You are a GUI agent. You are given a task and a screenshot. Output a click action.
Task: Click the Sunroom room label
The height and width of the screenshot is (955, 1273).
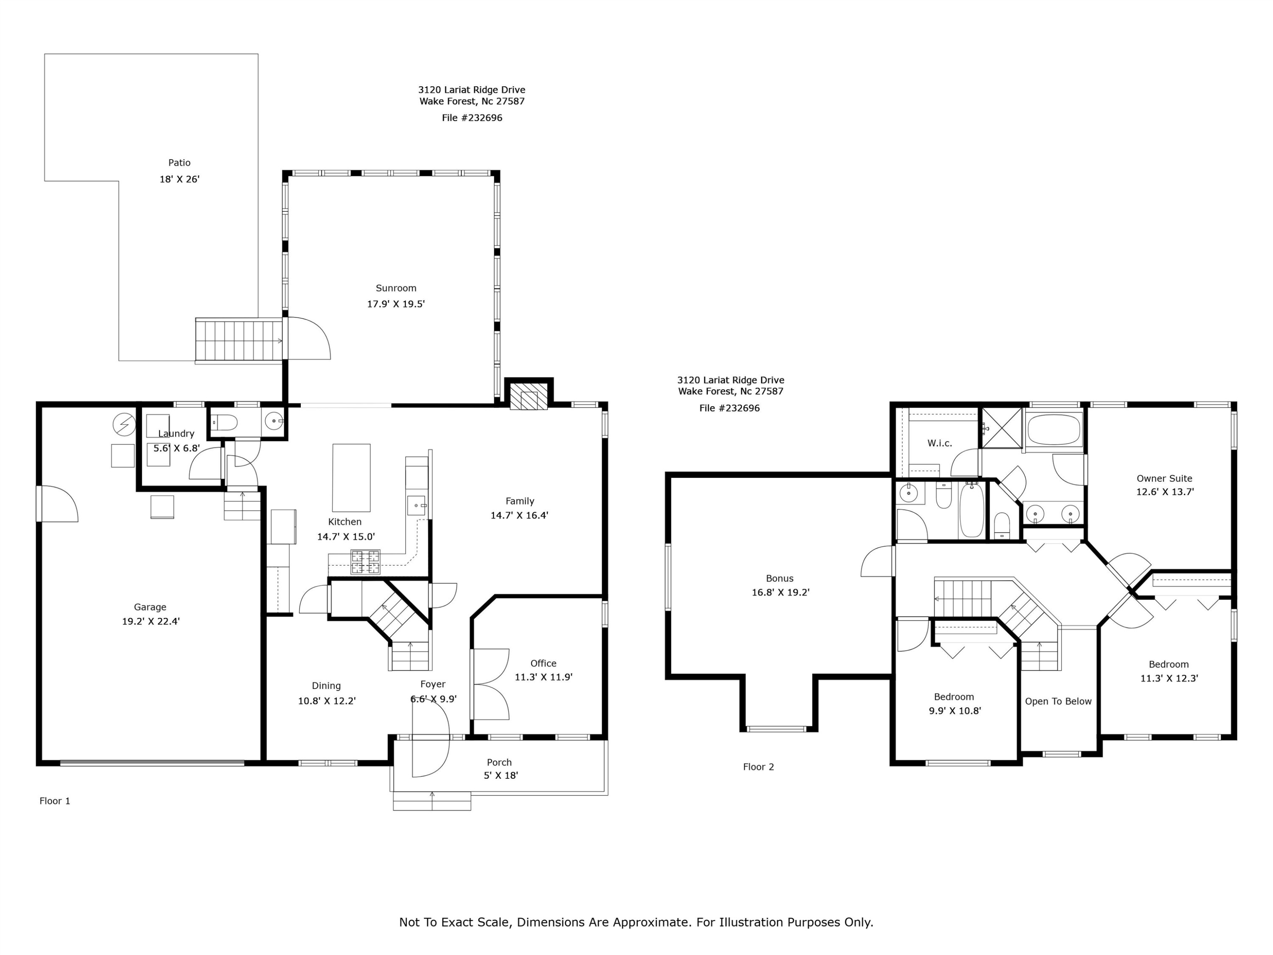pos(396,288)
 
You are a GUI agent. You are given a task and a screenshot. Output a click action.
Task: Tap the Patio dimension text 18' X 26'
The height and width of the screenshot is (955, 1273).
pos(179,179)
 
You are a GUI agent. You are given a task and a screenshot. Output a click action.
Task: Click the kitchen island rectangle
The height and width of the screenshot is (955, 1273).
pos(351,478)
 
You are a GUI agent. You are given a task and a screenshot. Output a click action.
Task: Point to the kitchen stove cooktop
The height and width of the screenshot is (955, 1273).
pos(365,562)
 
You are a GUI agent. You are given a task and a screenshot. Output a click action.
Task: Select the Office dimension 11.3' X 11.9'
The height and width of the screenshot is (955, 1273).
pos(543,677)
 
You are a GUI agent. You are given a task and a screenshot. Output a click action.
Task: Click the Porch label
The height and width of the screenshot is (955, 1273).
pos(499,762)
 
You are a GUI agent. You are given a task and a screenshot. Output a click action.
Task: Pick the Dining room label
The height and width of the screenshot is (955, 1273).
pos(326,685)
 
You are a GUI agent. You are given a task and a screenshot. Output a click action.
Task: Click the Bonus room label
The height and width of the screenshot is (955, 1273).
pos(780,579)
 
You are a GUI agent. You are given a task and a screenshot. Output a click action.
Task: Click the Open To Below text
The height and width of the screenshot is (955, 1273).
pos(1058,701)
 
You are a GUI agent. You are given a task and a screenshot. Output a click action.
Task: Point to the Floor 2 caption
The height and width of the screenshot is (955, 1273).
pos(759,767)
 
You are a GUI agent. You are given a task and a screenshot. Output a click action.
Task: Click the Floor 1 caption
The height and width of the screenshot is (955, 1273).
pos(55,801)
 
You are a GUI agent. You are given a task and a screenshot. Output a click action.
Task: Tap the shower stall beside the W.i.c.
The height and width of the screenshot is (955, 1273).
pos(1002,428)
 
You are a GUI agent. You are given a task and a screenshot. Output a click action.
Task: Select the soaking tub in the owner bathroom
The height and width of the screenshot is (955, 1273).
pos(1054,430)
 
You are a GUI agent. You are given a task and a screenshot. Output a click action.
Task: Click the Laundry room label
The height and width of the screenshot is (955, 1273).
pos(176,433)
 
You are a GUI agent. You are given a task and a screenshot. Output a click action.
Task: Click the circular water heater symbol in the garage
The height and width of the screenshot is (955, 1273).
pos(124,425)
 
